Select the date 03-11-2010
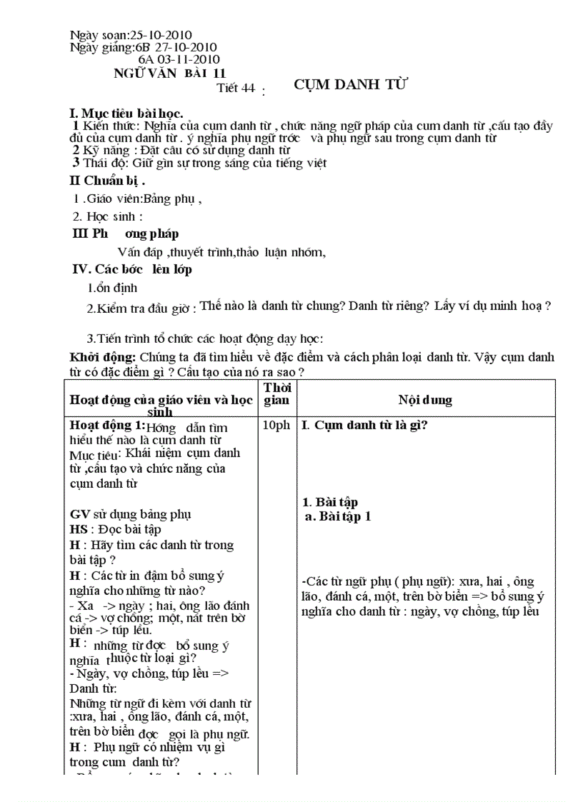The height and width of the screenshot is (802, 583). [x=187, y=59]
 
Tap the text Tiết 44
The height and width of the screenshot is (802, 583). [x=236, y=89]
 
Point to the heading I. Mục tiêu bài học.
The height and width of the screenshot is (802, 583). [x=126, y=114]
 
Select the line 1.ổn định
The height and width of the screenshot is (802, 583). [x=112, y=289]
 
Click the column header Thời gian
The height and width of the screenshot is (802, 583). [x=276, y=394]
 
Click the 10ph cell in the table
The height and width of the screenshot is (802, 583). [x=276, y=425]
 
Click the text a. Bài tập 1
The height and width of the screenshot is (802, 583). [x=337, y=516]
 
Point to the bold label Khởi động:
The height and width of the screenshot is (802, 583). [x=103, y=356]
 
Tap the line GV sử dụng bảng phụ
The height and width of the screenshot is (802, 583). [x=130, y=514]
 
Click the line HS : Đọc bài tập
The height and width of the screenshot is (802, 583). [x=115, y=529]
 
